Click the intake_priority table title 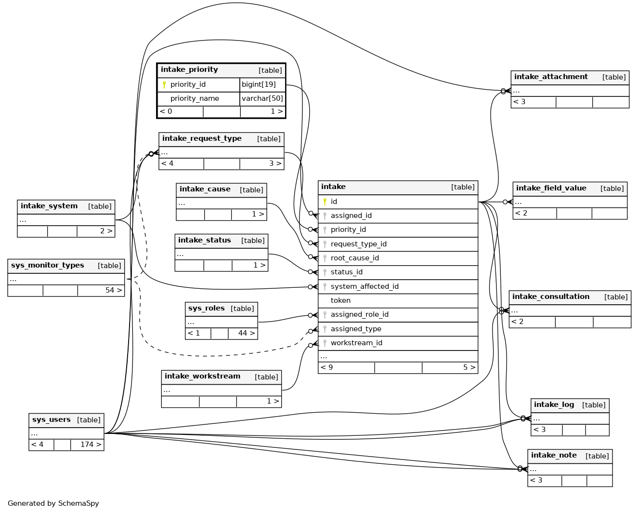click(189, 70)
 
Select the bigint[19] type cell click(259, 84)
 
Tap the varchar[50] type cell click(262, 98)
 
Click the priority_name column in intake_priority click(195, 98)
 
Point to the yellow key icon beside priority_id click(164, 85)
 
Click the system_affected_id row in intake click(365, 286)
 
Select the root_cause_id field click(354, 258)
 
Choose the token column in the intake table click(340, 300)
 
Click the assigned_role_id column click(359, 314)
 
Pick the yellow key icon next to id click(325, 202)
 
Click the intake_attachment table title click(551, 77)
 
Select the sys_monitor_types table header click(48, 265)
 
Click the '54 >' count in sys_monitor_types click(114, 290)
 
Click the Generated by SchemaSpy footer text click(53, 503)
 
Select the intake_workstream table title click(202, 376)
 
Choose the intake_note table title click(554, 455)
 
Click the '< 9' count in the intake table click(326, 367)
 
